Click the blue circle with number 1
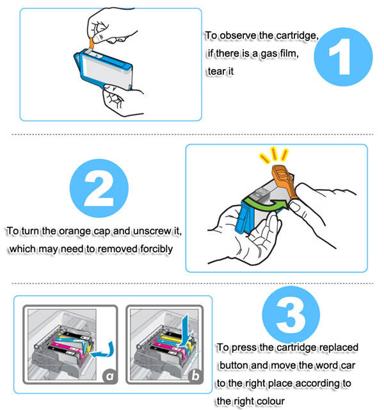343,57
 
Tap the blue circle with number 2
99,188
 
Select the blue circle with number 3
291,315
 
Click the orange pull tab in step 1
91,44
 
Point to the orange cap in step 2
284,181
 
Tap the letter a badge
110,376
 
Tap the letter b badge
195,376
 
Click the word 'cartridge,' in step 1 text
297,36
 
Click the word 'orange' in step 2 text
75,231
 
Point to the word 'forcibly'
156,249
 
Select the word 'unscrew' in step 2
152,231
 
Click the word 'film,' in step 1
289,54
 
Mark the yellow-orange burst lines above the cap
274,155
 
